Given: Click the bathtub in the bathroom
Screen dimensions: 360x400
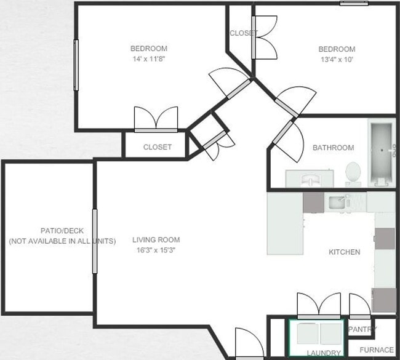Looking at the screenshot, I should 382,152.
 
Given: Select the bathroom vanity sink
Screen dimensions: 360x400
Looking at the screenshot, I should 310,179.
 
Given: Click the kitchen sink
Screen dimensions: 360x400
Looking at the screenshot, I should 337,202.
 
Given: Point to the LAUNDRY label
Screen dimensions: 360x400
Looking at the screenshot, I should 324,353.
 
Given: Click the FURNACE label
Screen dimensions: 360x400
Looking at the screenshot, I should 376,350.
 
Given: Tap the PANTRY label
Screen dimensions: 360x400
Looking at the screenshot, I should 362,329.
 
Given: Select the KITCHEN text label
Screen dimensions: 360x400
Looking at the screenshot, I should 345,252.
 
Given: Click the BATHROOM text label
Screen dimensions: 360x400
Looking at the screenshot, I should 333,148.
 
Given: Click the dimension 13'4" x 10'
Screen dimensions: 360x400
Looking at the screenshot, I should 336,60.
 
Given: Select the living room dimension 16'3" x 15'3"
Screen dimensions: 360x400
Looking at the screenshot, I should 156,250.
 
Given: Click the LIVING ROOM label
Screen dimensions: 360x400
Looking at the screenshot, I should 156,240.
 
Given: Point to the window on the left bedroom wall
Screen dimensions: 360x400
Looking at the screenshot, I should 76,65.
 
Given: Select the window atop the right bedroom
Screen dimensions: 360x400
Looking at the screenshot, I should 354,4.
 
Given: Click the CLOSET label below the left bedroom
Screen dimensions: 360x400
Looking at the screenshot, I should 157,147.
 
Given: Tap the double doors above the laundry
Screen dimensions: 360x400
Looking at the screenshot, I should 319,304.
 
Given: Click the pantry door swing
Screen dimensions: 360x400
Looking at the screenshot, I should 360,305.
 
